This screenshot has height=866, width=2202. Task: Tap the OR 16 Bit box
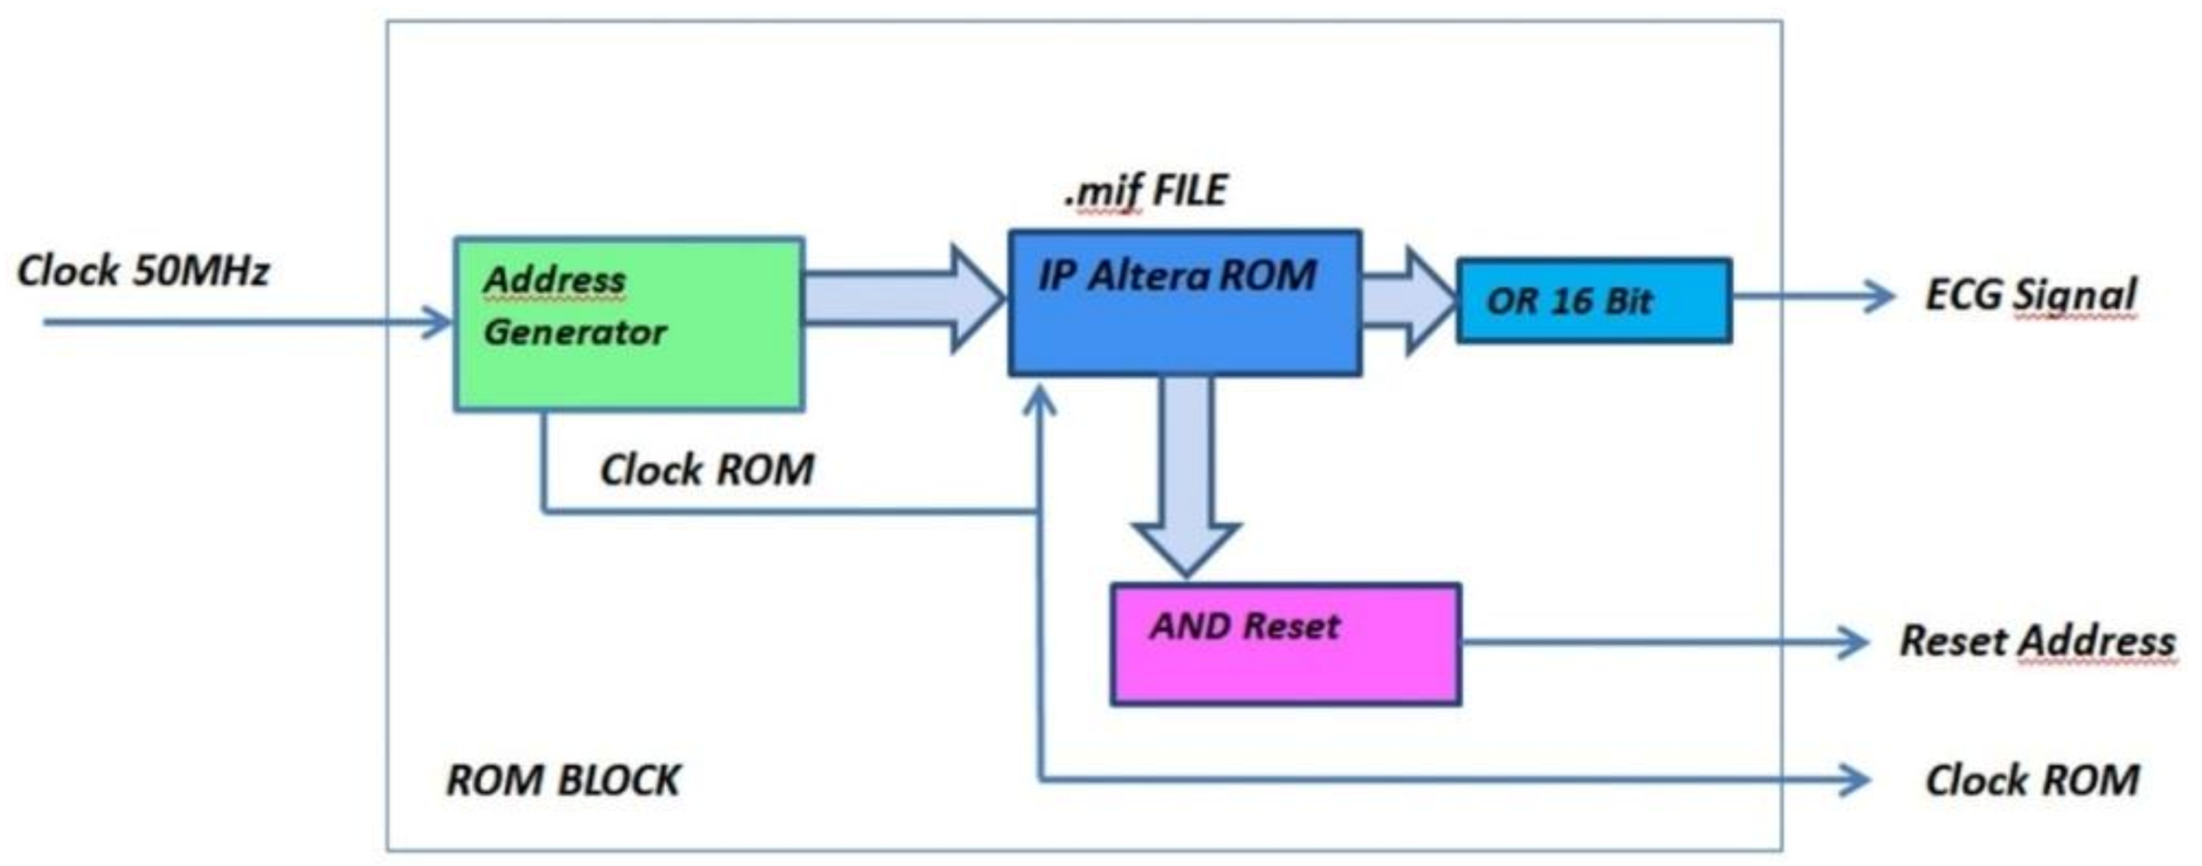click(1594, 300)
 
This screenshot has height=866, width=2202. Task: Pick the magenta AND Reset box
click(1285, 663)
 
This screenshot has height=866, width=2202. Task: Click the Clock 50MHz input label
click(143, 271)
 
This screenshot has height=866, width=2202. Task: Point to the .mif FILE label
click(1146, 190)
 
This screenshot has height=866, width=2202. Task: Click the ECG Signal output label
click(2029, 295)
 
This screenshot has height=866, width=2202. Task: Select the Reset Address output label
click(2037, 641)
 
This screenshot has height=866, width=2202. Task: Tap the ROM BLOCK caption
click(563, 780)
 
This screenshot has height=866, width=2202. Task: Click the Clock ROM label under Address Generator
click(706, 469)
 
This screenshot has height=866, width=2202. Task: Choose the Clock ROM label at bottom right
click(2031, 780)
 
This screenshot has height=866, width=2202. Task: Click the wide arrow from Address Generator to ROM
click(903, 299)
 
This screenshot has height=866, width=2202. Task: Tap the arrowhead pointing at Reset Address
click(1852, 642)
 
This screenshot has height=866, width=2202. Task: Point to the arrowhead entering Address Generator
click(438, 322)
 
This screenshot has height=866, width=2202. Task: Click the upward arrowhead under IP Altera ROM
click(1039, 401)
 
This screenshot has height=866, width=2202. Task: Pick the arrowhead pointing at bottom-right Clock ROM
click(1854, 779)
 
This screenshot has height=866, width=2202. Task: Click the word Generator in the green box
click(575, 332)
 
